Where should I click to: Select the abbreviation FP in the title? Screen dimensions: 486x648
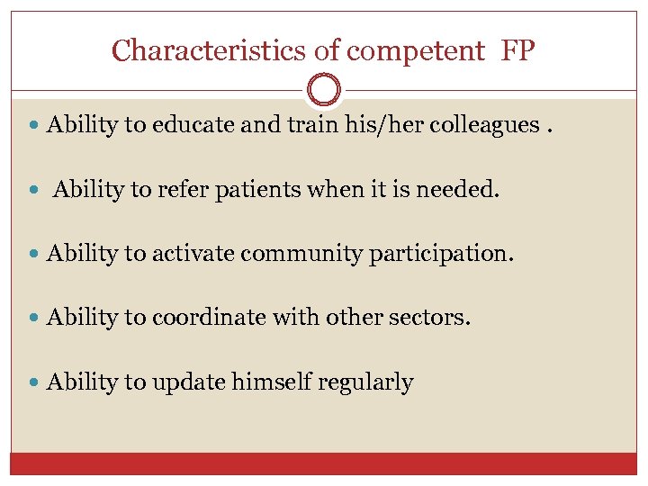tap(517, 50)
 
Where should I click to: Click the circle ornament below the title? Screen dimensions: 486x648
tap(324, 90)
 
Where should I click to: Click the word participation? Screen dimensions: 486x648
tap(441, 255)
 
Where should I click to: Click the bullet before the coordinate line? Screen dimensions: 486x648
tap(33, 319)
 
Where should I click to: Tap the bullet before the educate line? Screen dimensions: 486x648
tap(33, 126)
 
